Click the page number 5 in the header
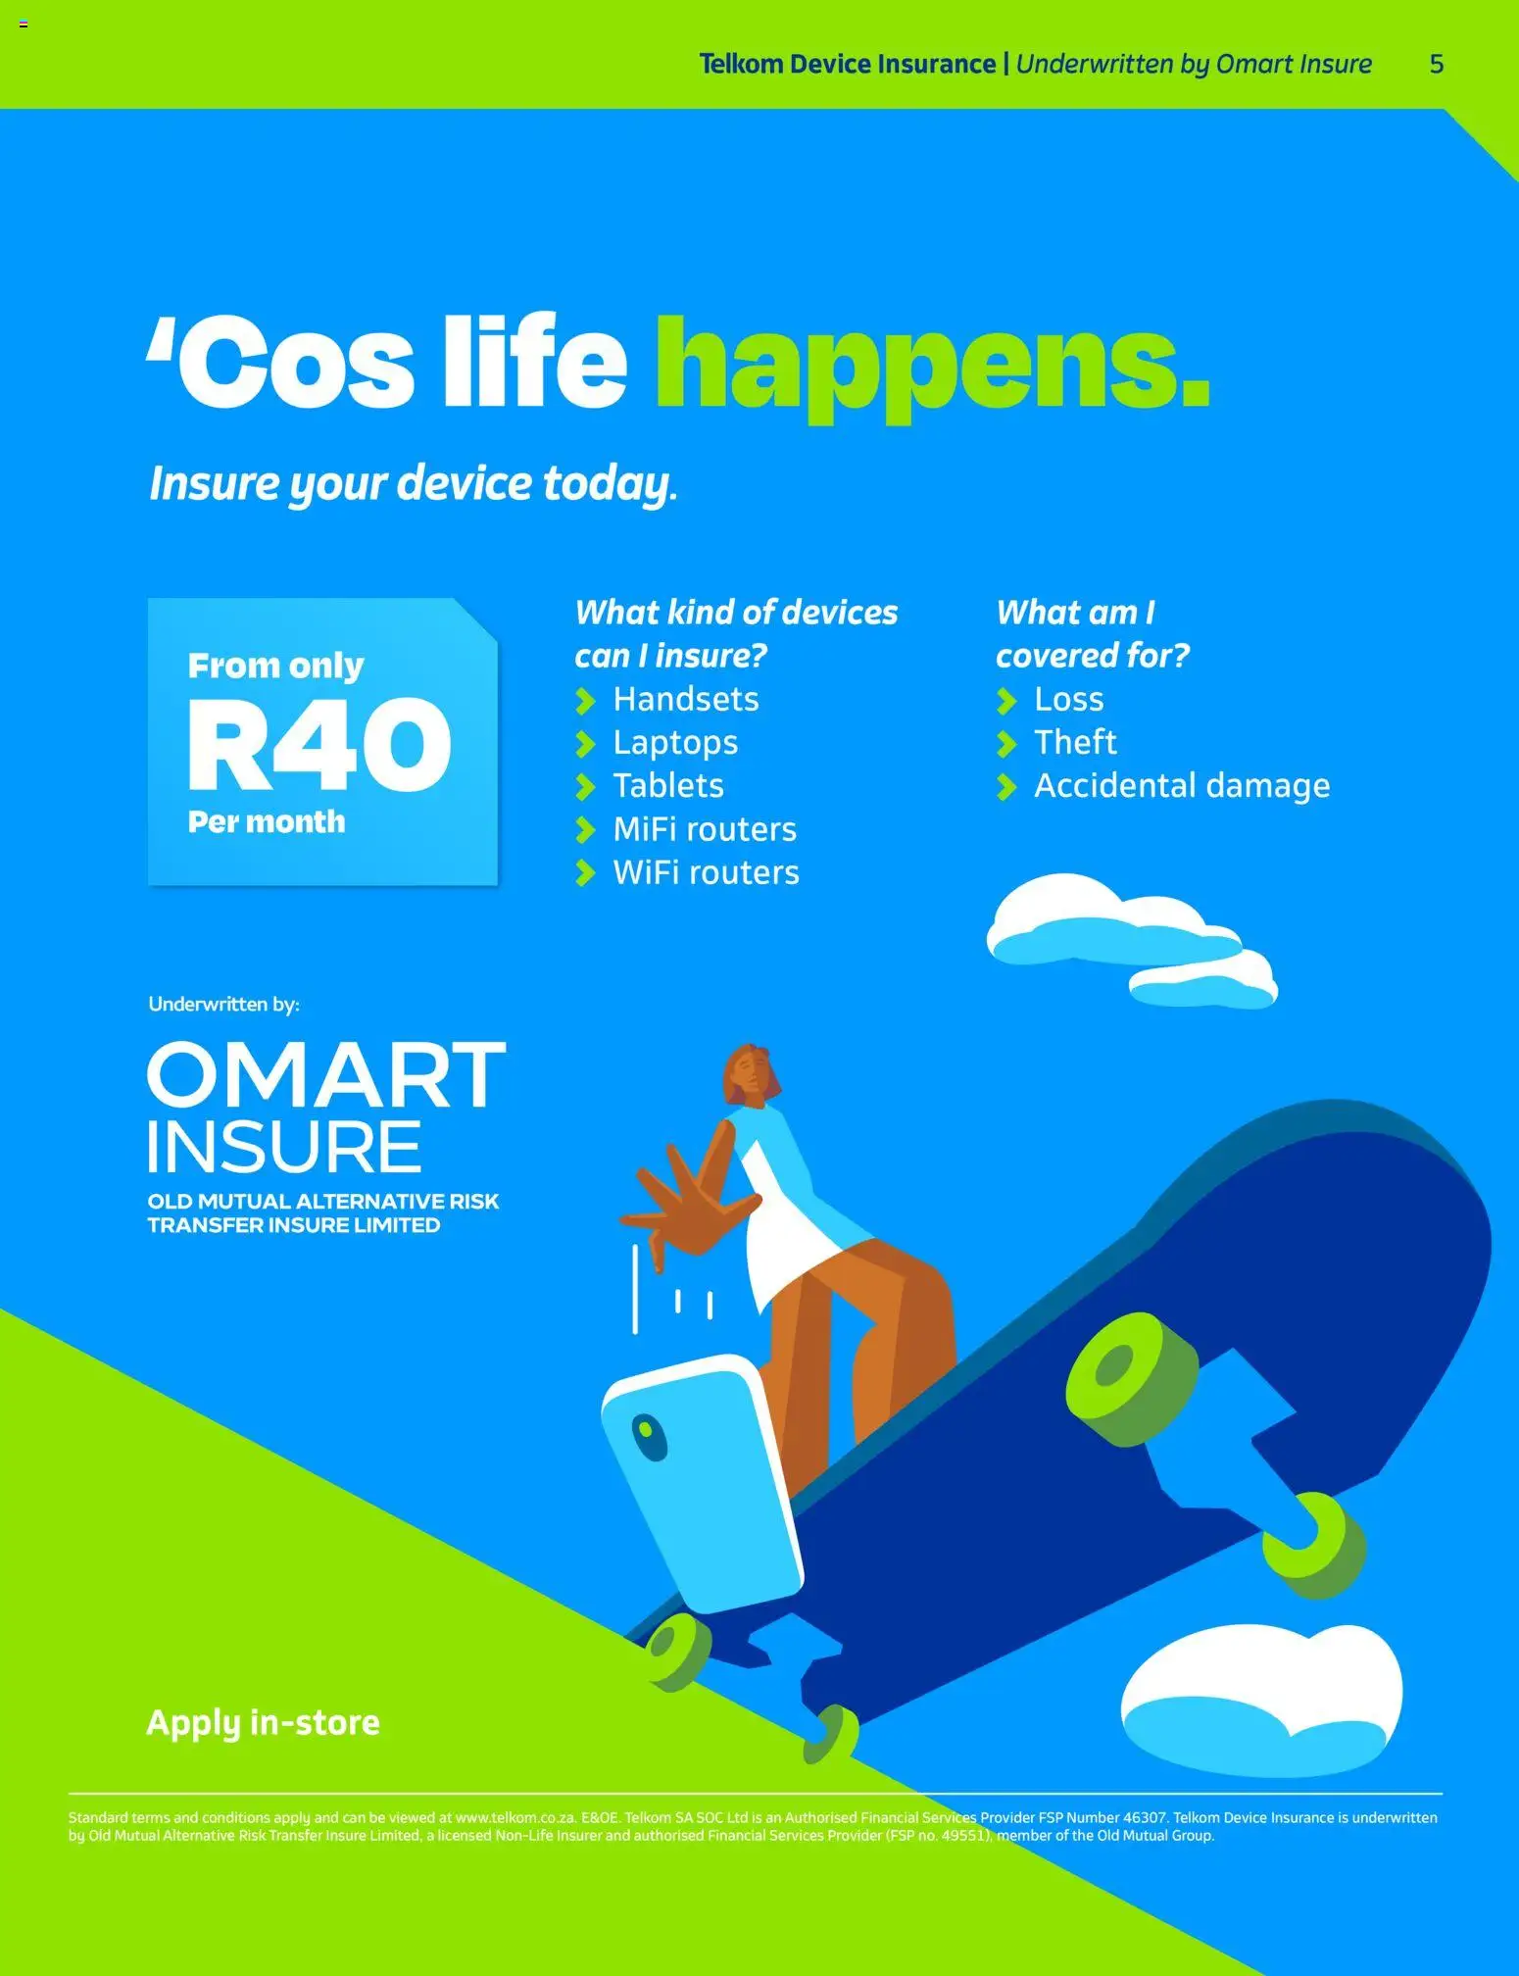(1436, 65)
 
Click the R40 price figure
(319, 745)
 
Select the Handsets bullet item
(685, 700)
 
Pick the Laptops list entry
(675, 743)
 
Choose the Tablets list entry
(668, 786)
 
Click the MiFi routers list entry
(705, 830)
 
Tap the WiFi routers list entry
(706, 873)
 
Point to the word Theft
(1075, 743)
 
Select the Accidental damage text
(1182, 786)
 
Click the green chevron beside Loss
(1006, 701)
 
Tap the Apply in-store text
(263, 1723)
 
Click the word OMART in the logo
(326, 1075)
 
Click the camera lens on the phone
(648, 1436)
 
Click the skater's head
(752, 1073)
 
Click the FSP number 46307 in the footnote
(1145, 1818)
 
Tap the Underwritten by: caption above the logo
(223, 1005)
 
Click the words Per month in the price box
(267, 822)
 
